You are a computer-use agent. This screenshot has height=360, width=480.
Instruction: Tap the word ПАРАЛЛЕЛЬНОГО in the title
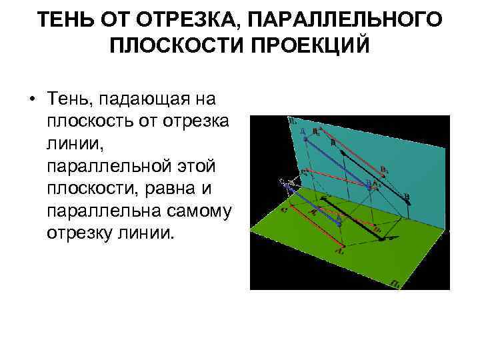coord(347,19)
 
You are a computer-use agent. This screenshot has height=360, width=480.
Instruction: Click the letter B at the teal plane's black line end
coord(407,196)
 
